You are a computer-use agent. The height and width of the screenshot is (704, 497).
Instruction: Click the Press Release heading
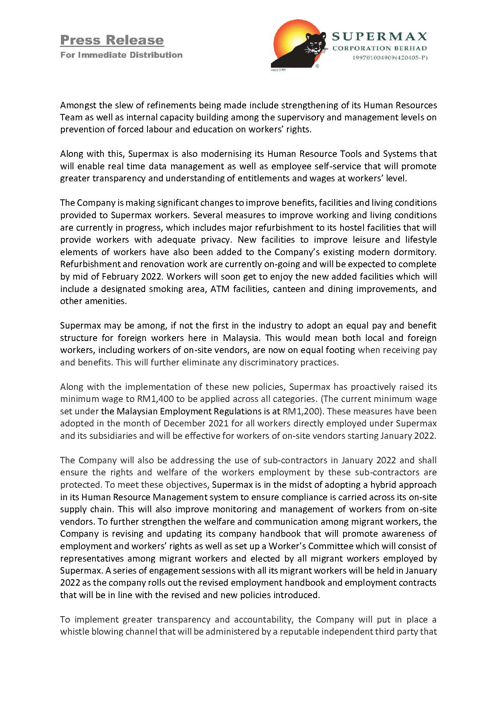tap(112, 40)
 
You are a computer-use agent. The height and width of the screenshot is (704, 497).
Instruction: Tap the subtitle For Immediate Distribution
tap(121, 55)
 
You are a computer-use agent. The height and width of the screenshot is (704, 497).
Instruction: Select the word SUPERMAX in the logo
tap(379, 37)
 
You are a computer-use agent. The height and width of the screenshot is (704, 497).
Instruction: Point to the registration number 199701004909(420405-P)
tap(390, 58)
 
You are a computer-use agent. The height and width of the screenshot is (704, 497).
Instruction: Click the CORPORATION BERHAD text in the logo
tap(380, 49)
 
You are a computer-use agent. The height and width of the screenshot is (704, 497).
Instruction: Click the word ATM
tap(220, 289)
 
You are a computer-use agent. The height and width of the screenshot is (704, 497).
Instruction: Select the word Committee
tap(331, 546)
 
